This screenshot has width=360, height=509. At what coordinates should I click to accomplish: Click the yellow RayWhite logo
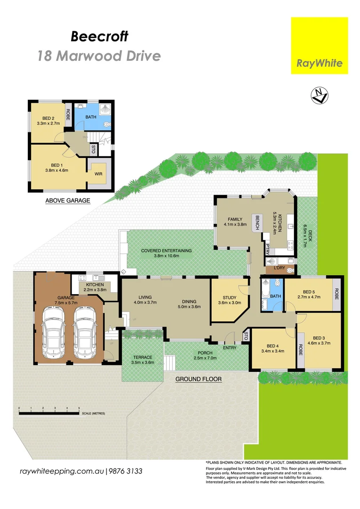[x=319, y=46]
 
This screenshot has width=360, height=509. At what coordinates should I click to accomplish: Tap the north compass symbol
[x=319, y=96]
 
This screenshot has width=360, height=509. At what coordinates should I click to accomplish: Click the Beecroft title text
[x=99, y=36]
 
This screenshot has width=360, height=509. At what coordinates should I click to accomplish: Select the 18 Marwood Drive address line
[x=99, y=56]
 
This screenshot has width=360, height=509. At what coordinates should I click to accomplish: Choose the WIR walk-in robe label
[x=99, y=173]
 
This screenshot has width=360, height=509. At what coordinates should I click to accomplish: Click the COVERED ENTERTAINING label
[x=166, y=251]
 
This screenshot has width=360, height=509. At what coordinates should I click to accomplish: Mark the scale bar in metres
[x=49, y=413]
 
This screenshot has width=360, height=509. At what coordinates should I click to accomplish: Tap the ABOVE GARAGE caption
[x=67, y=200]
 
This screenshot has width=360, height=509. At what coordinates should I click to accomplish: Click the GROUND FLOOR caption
[x=198, y=378]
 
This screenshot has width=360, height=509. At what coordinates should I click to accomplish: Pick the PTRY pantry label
[x=267, y=250]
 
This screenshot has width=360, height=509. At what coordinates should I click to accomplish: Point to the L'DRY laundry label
[x=280, y=269]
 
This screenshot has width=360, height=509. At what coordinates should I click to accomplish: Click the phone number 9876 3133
[x=126, y=471]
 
